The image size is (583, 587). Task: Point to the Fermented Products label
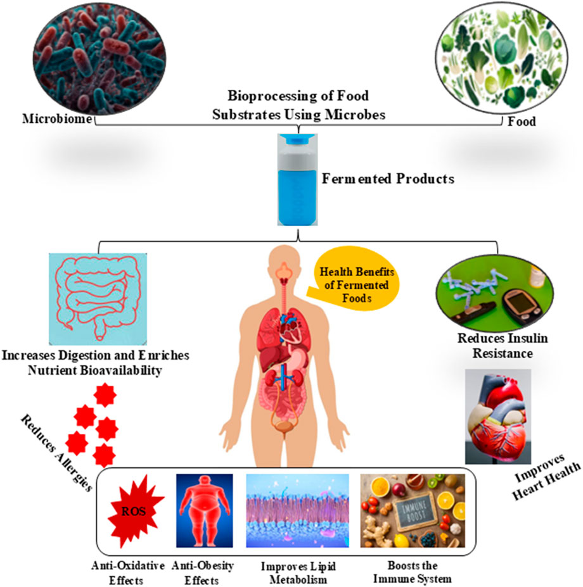(388, 179)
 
